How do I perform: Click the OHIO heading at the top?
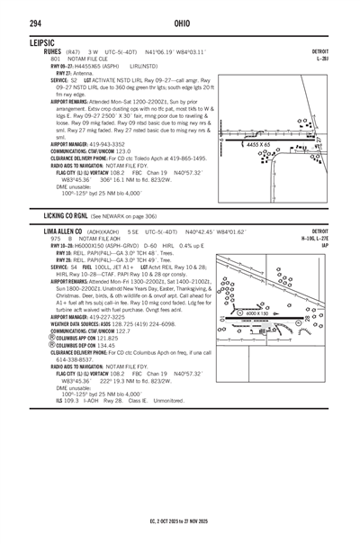pos(180,23)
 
